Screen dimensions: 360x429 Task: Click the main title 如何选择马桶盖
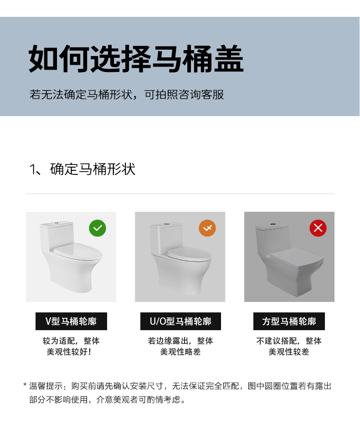(136, 59)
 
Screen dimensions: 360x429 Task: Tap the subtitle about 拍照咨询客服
(127, 95)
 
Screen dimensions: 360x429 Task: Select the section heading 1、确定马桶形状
(82, 169)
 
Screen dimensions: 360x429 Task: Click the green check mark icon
(98, 228)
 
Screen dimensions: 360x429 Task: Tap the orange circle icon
(207, 228)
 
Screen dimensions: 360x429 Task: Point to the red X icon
(318, 228)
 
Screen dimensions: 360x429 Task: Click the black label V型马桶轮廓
(71, 321)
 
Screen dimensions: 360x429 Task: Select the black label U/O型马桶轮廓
(180, 321)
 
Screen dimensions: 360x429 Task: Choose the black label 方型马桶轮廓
(289, 321)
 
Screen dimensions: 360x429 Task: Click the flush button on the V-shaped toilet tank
(57, 223)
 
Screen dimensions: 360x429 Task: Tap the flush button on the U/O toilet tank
(167, 225)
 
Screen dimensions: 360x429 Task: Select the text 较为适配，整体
(71, 341)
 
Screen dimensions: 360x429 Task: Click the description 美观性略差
(180, 352)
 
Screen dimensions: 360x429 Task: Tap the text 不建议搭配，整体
(289, 341)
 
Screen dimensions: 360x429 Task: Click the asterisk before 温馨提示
(25, 385)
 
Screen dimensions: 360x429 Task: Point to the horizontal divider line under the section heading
(180, 194)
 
